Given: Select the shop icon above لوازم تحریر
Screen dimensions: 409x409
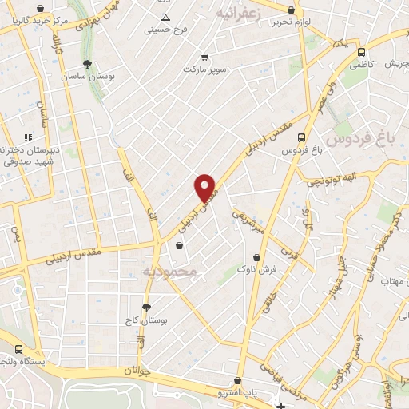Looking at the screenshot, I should pyautogui.click(x=291, y=10).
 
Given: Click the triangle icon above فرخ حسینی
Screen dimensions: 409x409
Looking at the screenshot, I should pyautogui.click(x=165, y=17).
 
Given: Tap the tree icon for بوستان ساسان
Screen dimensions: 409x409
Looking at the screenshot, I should pyautogui.click(x=87, y=64).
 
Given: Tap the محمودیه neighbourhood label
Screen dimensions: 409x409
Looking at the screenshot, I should pyautogui.click(x=169, y=272).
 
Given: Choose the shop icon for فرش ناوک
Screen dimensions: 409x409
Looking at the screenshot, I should pyautogui.click(x=256, y=258).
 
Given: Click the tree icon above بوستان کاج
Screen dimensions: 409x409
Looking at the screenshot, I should pyautogui.click(x=145, y=308).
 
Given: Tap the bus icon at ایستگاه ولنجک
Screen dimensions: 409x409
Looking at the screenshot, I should pyautogui.click(x=18, y=350).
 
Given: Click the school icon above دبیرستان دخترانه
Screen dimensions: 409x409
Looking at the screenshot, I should pyautogui.click(x=28, y=137).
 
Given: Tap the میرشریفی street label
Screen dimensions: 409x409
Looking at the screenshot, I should pyautogui.click(x=248, y=222).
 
